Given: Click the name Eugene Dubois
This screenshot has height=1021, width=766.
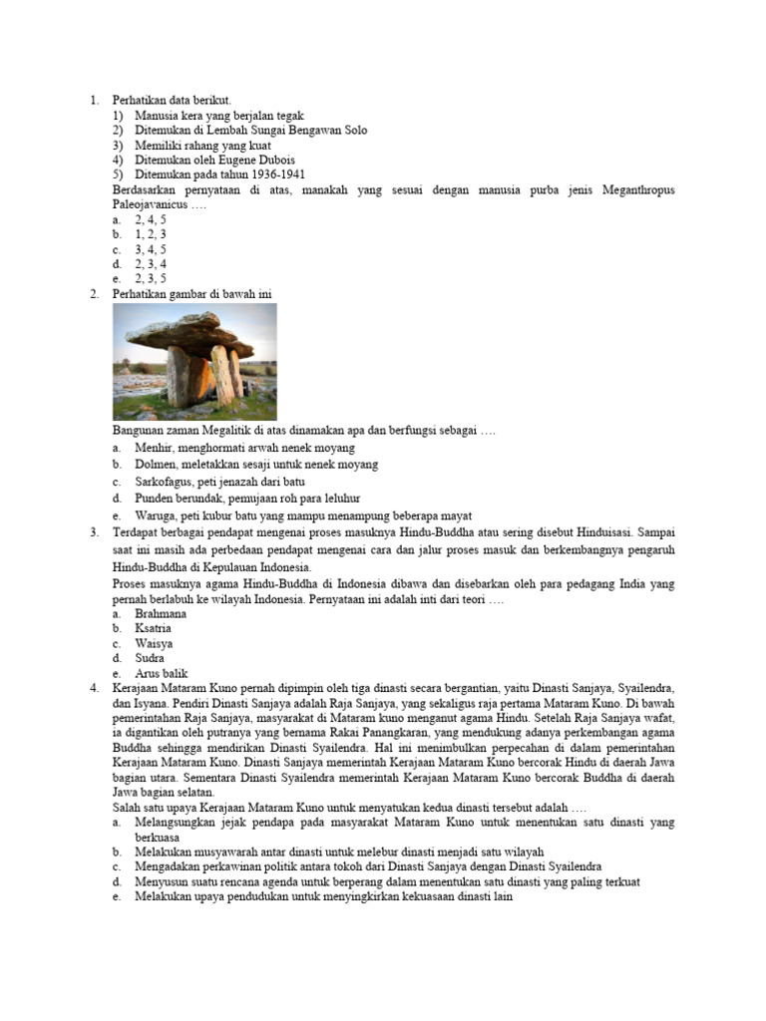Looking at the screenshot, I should (x=259, y=160).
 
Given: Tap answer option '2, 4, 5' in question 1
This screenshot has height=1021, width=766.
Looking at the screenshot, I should (x=151, y=218).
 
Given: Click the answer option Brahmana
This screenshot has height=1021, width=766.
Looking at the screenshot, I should (x=161, y=614).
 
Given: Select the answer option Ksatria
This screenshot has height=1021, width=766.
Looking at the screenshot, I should (x=154, y=629).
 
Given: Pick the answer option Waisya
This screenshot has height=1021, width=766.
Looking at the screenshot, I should (x=154, y=644).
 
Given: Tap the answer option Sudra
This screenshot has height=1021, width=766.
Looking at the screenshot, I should (x=150, y=658).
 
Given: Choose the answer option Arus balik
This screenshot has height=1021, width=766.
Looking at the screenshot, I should (x=162, y=674).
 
